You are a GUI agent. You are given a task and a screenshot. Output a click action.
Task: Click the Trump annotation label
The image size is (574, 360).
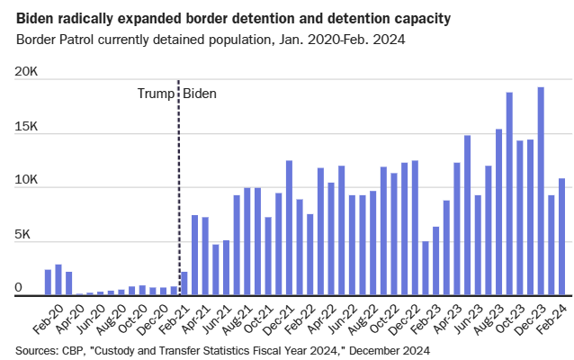tap(155, 93)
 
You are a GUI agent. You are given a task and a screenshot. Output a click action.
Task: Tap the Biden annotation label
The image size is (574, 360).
tap(200, 93)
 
